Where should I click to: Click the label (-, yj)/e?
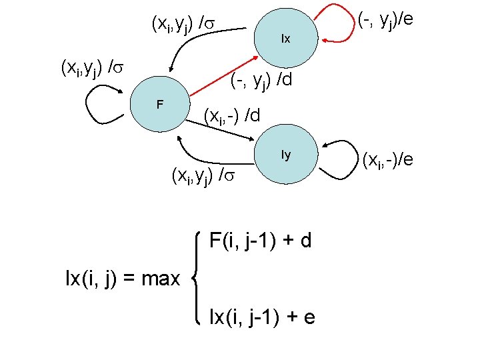click(386, 21)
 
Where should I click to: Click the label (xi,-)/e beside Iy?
click(387, 160)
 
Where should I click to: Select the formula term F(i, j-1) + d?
click(260, 240)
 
